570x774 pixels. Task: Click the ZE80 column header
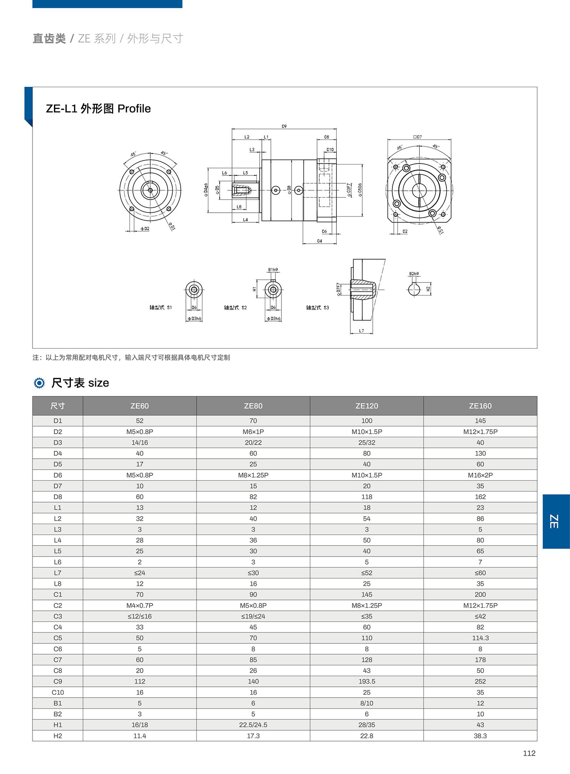(253, 406)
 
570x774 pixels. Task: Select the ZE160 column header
(480, 406)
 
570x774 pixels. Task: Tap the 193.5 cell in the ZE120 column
(367, 681)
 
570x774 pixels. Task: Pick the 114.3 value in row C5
(480, 638)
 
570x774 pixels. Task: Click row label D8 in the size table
(57, 496)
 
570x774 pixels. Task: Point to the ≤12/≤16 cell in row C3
(139, 616)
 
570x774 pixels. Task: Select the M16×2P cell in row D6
(480, 475)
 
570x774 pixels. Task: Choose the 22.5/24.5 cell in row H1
(253, 724)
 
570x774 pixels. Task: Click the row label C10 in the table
(57, 692)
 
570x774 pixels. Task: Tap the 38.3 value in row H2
(480, 735)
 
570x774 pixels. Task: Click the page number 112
(529, 753)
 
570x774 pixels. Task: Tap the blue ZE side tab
(556, 521)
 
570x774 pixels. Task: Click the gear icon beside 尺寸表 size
(39, 383)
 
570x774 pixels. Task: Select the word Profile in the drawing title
(134, 108)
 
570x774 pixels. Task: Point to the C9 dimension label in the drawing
(284, 126)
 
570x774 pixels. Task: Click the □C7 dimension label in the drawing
(417, 137)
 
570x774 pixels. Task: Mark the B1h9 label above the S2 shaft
(273, 270)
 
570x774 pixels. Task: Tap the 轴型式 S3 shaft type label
(317, 307)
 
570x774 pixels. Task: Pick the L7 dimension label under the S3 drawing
(361, 331)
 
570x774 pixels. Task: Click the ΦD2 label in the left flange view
(145, 228)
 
